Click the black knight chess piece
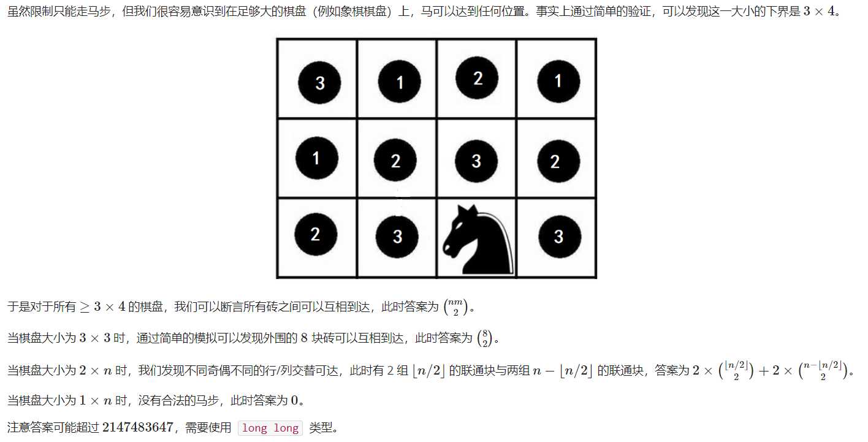pos(477,240)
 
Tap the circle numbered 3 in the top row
pos(319,83)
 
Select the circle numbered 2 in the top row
pos(477,78)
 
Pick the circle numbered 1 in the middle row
pos(316,159)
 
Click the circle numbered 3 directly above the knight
pos(476,161)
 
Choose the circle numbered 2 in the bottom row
pos(316,235)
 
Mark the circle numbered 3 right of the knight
pos(558,237)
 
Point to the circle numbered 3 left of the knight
pos(397,237)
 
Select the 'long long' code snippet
pos(270,428)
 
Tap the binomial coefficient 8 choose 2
pos(484,338)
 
